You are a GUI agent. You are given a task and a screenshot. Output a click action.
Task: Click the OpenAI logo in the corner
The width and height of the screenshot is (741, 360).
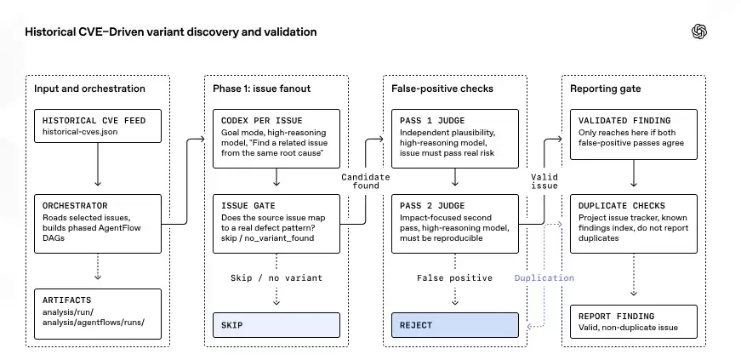[699, 31]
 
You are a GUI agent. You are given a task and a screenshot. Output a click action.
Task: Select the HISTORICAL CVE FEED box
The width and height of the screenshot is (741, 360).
[98, 126]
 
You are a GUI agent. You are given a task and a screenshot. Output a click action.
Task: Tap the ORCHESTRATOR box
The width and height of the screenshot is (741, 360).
[98, 224]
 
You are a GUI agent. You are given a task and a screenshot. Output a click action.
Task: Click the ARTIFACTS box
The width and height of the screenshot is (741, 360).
[98, 314]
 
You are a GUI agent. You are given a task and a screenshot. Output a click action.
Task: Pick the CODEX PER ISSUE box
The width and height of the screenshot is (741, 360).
[276, 139]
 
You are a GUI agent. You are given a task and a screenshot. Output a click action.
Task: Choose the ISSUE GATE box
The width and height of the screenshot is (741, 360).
[276, 224]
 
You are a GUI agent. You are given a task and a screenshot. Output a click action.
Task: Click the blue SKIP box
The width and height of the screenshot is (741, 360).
[276, 325]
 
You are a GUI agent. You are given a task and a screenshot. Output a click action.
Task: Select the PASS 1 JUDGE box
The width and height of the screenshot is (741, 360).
[455, 139]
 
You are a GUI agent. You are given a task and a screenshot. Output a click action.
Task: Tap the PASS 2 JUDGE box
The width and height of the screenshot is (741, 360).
[455, 224]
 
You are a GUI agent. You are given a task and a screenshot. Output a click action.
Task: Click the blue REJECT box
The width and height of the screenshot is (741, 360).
[455, 325]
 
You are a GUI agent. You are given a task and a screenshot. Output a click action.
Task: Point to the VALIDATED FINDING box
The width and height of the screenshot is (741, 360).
[634, 134]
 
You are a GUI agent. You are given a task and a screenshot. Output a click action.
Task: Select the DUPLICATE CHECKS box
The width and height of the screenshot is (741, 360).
[634, 224]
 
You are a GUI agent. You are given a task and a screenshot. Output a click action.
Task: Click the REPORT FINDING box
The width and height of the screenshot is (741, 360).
[634, 322]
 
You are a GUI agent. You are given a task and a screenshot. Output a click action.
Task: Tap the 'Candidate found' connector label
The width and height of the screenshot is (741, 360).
[366, 181]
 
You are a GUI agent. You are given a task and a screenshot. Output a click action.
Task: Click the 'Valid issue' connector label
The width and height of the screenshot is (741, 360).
[544, 181]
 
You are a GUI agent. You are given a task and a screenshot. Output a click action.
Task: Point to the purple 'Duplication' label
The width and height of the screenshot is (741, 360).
[544, 277]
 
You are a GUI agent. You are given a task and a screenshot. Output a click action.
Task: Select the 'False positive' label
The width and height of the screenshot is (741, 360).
[454, 277]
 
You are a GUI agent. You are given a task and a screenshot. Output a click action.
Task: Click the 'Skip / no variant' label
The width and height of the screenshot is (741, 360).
[276, 277]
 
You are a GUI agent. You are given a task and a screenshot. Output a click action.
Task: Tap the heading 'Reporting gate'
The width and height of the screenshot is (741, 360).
[606, 89]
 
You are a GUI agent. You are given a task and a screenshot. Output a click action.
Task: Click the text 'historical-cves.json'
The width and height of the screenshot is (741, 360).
[80, 132]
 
